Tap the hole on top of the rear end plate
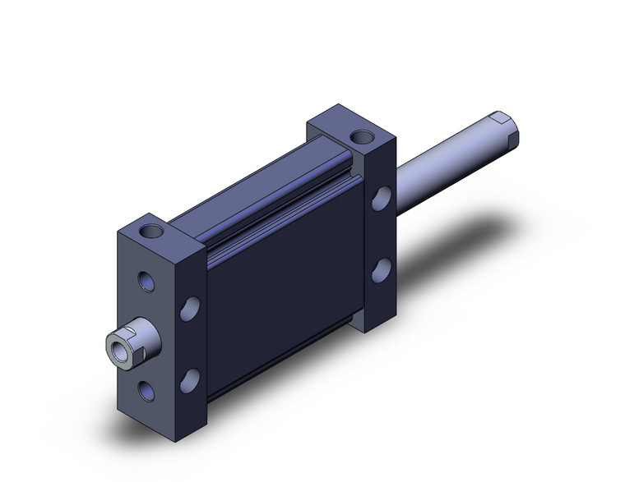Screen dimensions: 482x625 (x=359, y=135)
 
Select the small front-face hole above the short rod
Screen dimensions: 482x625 (x=147, y=282)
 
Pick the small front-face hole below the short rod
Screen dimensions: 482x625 (x=147, y=390)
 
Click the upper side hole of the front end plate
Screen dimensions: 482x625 (x=190, y=310)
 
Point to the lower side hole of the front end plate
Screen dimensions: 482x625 (x=190, y=379)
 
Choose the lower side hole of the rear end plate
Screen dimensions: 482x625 (x=380, y=270)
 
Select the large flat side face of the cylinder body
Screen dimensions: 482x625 (x=280, y=296)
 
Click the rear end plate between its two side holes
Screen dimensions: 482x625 (x=380, y=235)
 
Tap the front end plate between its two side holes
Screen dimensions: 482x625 (x=190, y=344)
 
